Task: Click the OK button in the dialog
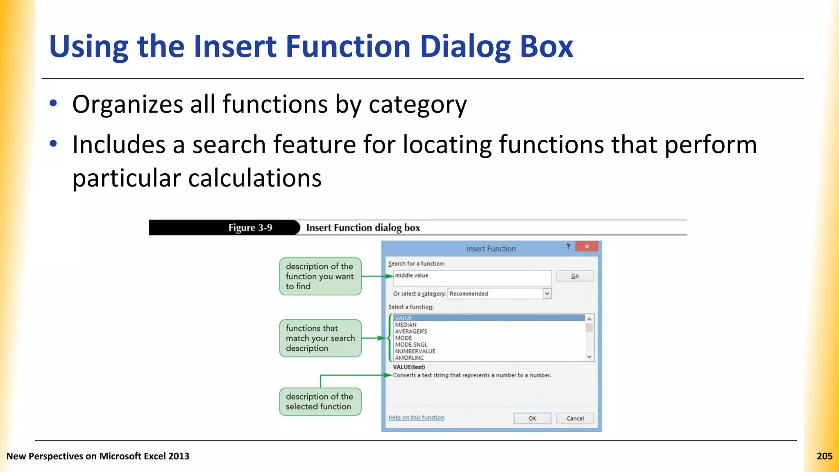pos(532,418)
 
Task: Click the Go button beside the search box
pos(575,276)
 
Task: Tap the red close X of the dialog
pos(587,246)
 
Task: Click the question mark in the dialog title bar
pos(568,246)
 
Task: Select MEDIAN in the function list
pos(406,324)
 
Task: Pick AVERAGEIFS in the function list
pos(411,331)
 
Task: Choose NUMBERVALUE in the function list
pos(415,351)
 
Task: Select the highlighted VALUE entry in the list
pos(404,318)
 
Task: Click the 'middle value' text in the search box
pos(411,275)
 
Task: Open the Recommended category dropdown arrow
pos(547,293)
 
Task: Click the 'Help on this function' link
pos(416,418)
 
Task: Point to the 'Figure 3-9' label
pos(250,228)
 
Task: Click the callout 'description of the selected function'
pos(320,402)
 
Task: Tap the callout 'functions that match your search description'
pos(320,338)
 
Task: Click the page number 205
pos(824,456)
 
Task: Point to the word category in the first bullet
pos(417,104)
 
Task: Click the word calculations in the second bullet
pos(254,178)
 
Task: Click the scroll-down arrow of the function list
pos(589,357)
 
